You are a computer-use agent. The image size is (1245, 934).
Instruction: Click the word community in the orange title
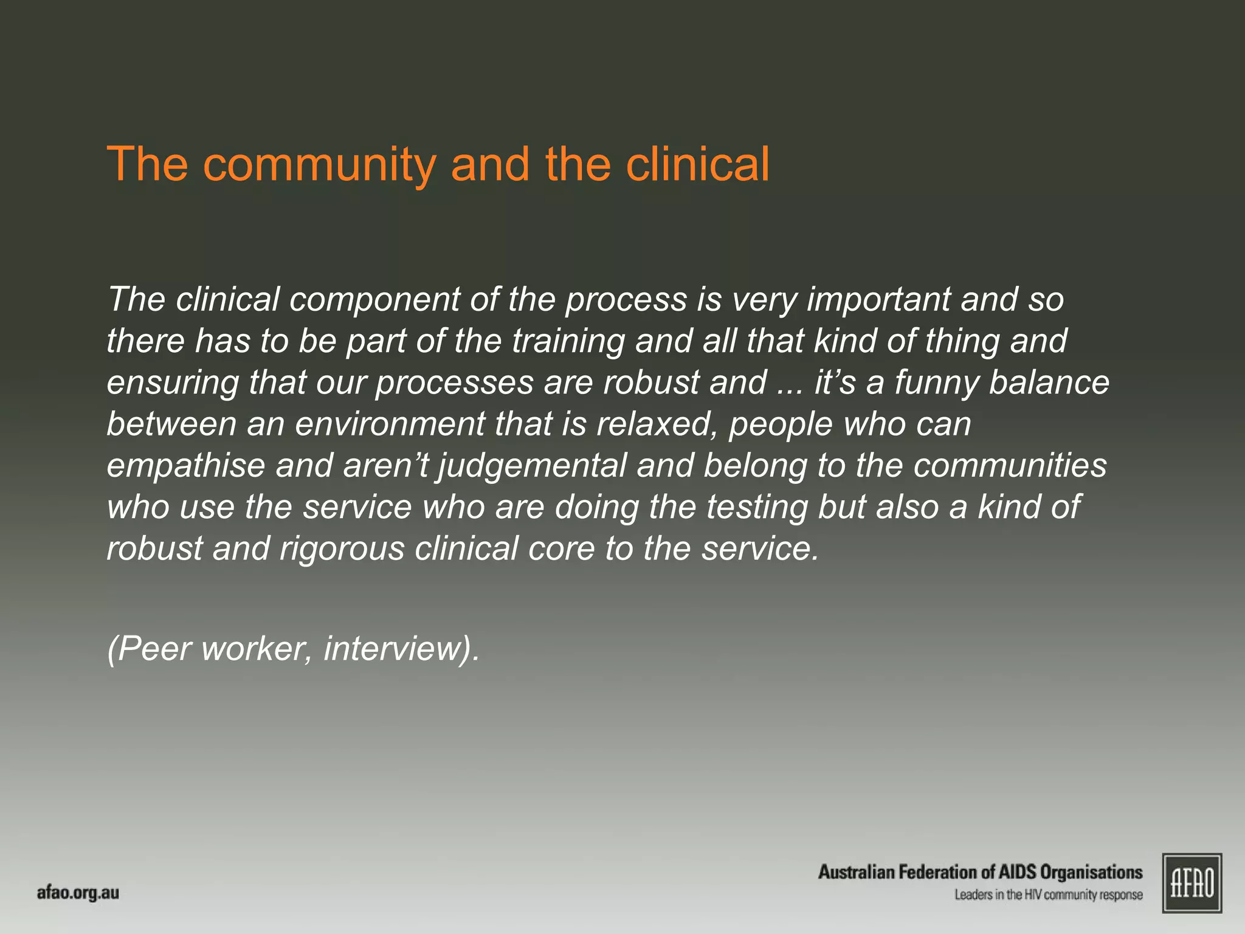pyautogui.click(x=319, y=165)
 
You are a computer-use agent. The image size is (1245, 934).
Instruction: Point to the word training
pyautogui.click(x=568, y=341)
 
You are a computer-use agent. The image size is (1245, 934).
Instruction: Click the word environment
pyautogui.click(x=390, y=424)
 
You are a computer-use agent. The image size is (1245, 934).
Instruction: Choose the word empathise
pyautogui.click(x=186, y=466)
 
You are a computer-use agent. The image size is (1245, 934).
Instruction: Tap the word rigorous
pyautogui.click(x=342, y=548)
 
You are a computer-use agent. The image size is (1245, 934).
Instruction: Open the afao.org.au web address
pyautogui.click(x=78, y=893)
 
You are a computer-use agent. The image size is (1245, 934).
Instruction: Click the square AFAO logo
pyautogui.click(x=1192, y=883)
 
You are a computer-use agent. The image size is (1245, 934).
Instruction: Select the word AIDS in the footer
pyautogui.click(x=1018, y=872)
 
